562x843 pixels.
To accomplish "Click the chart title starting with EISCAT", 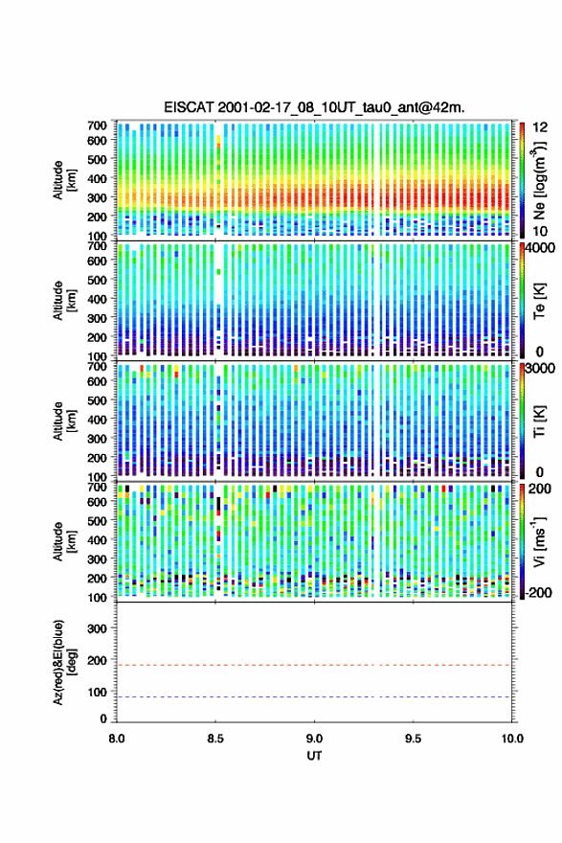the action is (314, 107).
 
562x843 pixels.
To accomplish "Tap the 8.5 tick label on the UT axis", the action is (214, 739).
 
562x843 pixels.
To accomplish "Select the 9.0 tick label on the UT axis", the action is (314, 739).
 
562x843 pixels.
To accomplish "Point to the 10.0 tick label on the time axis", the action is (512, 739).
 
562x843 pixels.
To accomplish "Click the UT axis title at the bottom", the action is (314, 756).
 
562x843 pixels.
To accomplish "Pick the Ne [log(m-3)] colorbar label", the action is (539, 181).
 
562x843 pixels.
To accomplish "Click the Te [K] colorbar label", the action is (539, 301).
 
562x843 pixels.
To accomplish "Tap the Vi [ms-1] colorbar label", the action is (539, 542).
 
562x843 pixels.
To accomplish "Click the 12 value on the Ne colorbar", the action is (541, 127).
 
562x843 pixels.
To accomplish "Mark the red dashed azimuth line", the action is (314, 665).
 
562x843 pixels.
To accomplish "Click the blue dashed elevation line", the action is (314, 696).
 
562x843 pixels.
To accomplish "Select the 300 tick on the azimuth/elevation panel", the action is (98, 628).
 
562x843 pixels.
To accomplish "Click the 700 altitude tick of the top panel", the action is (98, 125).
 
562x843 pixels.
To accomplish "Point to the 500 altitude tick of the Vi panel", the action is (98, 520).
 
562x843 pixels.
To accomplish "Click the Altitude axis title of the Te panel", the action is (64, 301).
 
